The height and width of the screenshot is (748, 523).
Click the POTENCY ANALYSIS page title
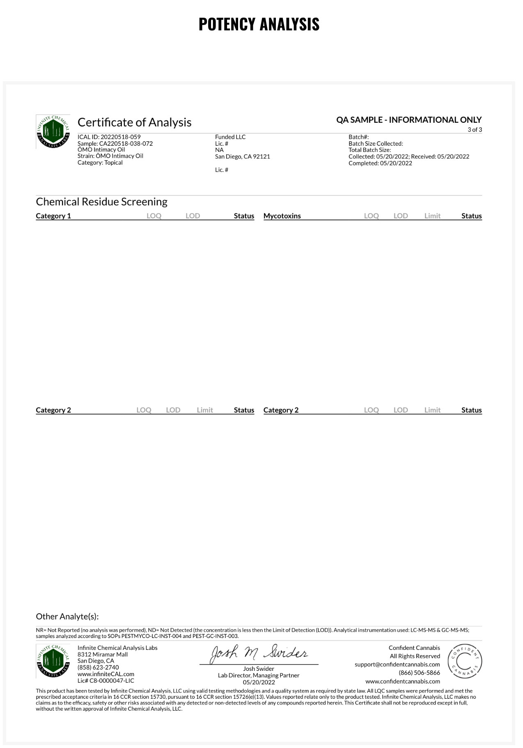tap(259, 24)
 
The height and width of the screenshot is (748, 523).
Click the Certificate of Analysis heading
tap(134, 122)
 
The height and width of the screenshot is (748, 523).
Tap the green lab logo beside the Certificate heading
tap(53, 131)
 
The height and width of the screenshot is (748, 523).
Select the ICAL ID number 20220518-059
tap(120, 137)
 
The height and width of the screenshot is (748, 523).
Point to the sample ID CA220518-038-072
tap(126, 144)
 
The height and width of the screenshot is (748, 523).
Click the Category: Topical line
tap(100, 163)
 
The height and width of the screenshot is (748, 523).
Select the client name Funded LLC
tap(230, 137)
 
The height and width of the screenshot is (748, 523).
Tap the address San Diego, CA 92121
tap(242, 156)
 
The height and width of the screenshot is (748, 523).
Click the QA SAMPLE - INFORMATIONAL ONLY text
tap(408, 120)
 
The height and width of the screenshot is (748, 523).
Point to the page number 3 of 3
tap(475, 130)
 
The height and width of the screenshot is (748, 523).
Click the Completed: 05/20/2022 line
tap(380, 163)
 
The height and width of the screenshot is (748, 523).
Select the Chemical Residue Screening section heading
tap(101, 202)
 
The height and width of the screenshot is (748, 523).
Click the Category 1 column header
tap(53, 216)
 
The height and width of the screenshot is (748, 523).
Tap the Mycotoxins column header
tap(282, 216)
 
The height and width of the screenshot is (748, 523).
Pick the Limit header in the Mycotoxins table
tap(432, 216)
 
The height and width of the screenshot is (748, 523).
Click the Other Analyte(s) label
tap(67, 616)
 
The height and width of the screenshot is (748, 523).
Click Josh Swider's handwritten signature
tap(259, 654)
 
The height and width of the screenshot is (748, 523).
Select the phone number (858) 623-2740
tap(98, 668)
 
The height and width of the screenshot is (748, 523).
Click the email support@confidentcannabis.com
tap(397, 664)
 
